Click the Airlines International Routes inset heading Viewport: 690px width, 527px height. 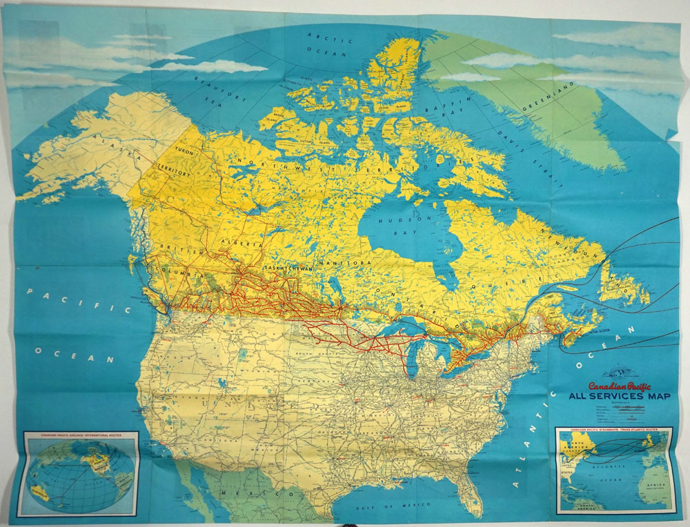(x=81, y=436)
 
